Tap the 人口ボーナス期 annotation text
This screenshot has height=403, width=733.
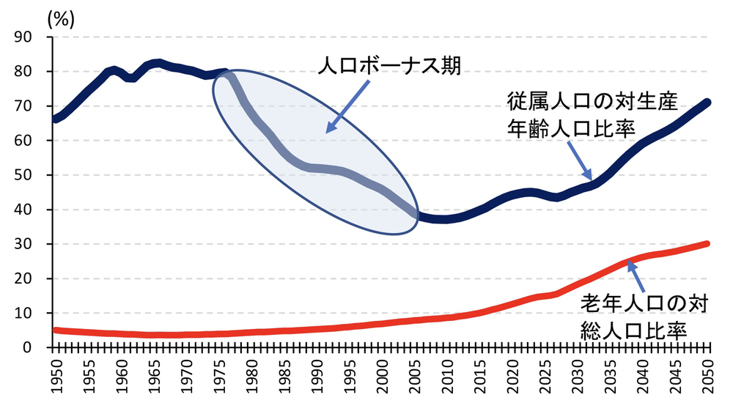click(x=389, y=67)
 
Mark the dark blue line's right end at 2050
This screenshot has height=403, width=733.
click(x=709, y=102)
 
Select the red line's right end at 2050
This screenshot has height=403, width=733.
click(x=709, y=243)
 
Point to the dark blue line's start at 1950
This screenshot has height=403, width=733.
click(x=55, y=119)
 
